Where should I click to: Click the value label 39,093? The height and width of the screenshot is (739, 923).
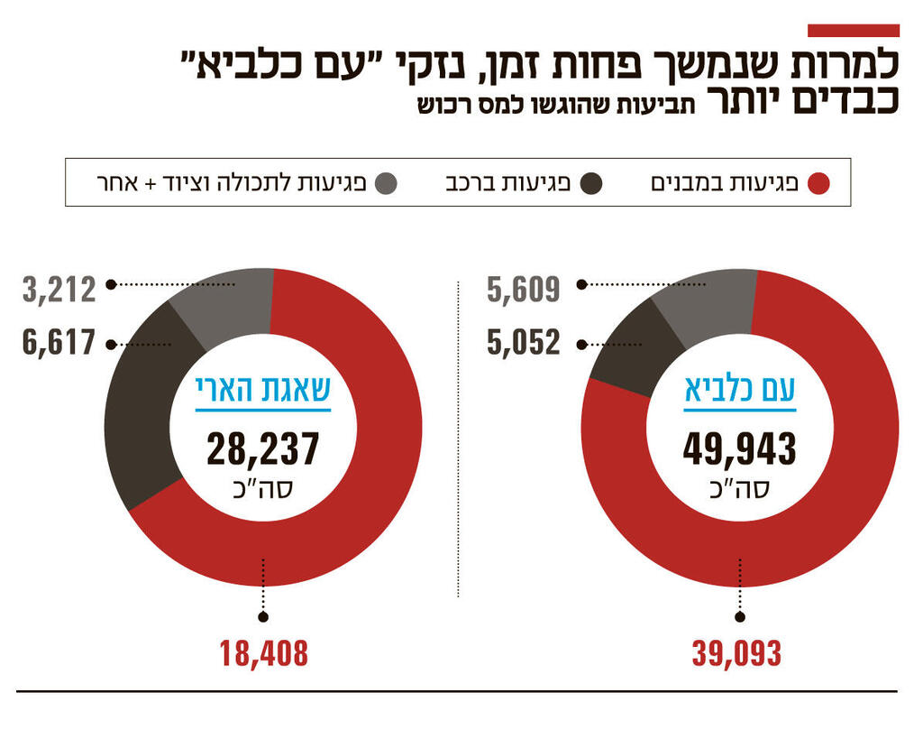(736, 653)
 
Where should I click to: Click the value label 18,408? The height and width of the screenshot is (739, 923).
(263, 653)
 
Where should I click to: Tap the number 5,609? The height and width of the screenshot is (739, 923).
(524, 290)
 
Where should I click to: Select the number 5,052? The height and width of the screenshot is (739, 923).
(524, 343)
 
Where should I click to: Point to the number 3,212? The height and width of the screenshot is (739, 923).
(59, 290)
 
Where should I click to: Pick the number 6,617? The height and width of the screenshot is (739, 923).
(59, 343)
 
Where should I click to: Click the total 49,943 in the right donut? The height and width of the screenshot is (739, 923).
(739, 448)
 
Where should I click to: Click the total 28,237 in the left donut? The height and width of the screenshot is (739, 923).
(263, 448)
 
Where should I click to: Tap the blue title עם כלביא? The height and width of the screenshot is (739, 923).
(739, 391)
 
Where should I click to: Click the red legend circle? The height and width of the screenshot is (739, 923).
(818, 184)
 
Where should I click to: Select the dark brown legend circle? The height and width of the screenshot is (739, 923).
(591, 184)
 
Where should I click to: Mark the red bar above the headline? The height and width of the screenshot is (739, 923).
(853, 31)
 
